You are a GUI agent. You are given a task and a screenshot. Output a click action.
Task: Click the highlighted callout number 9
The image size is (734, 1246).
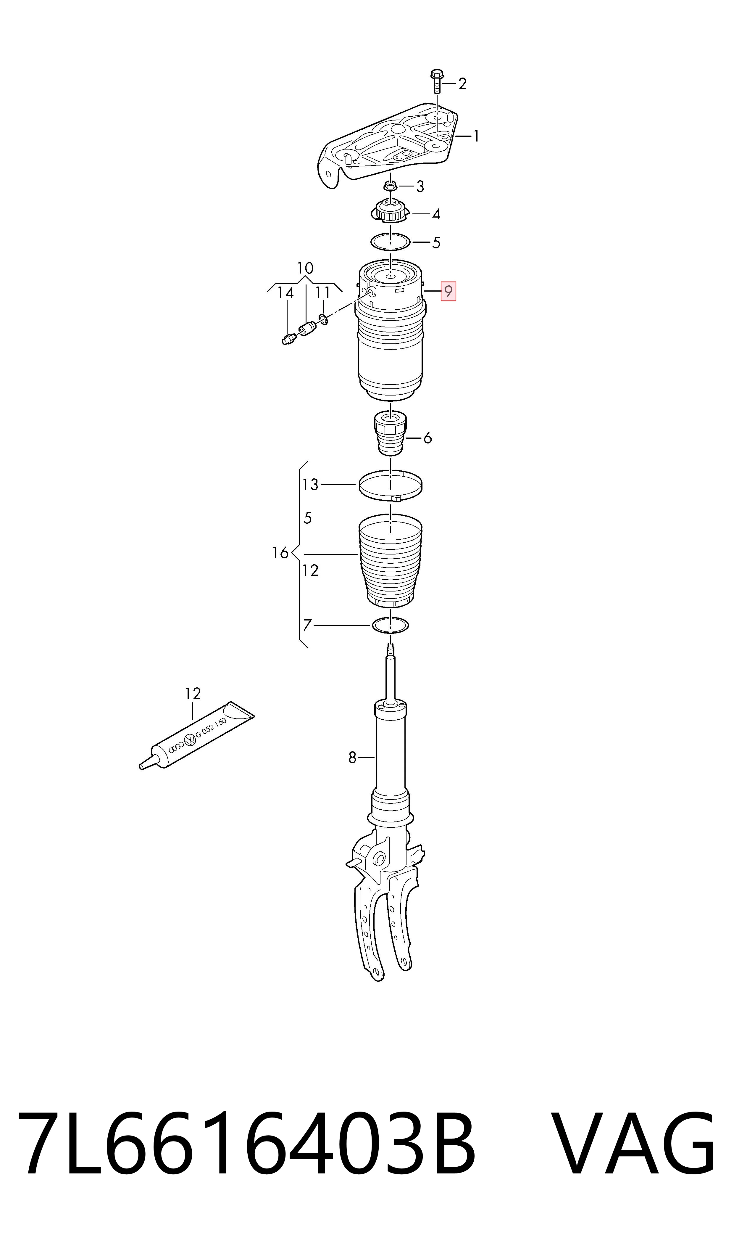point(448,292)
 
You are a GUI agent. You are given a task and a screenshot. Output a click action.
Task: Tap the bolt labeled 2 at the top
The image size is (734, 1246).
point(437,82)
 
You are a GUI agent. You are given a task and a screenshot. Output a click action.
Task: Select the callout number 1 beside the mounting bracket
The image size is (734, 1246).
point(476,136)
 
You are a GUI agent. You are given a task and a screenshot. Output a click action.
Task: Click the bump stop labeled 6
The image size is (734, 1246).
point(390,433)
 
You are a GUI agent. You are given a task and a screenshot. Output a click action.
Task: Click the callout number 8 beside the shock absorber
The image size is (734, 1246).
point(352,758)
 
